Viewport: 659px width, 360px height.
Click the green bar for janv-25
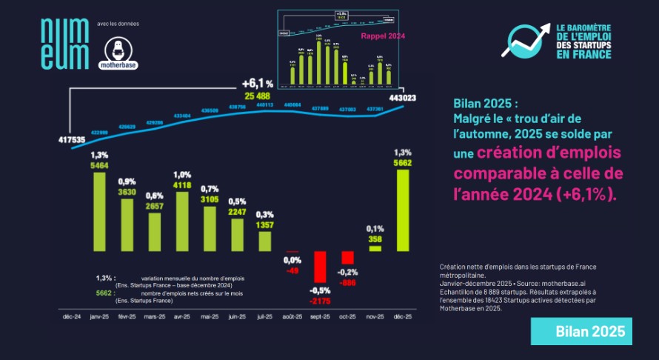[99, 213]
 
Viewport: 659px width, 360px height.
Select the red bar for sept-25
[320, 267]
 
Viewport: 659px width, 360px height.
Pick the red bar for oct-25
[348, 258]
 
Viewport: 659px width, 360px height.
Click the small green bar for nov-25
[375, 248]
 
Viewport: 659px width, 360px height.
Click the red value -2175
[320, 301]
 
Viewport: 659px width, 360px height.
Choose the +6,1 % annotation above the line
[257, 84]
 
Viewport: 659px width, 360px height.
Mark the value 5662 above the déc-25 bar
[403, 163]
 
